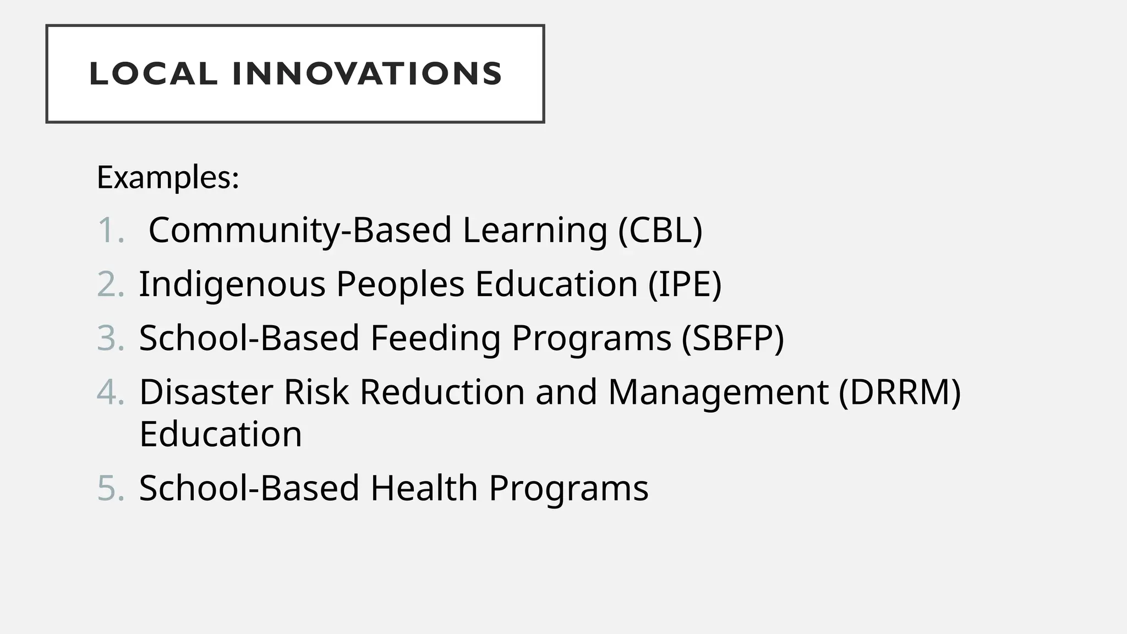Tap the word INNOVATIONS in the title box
(367, 74)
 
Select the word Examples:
(168, 177)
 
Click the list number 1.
(110, 229)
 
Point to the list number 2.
(110, 284)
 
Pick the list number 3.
(110, 337)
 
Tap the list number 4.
(110, 392)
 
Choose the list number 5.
(110, 488)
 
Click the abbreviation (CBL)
(660, 229)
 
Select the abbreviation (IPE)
(685, 284)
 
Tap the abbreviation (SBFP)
(733, 337)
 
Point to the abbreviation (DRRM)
(900, 392)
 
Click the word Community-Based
(300, 229)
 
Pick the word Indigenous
(232, 285)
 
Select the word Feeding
(435, 337)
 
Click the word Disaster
(206, 392)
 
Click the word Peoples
(400, 285)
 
